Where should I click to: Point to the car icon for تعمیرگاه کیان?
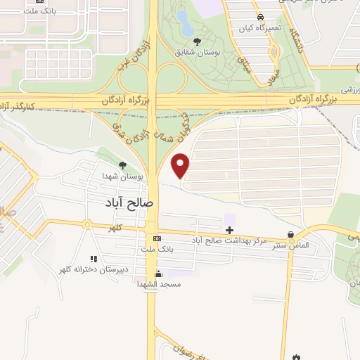pyautogui.click(x=260, y=15)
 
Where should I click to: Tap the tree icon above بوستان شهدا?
pyautogui.click(x=124, y=166)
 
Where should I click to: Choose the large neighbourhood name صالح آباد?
pyautogui.click(x=129, y=202)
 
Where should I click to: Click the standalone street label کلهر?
pyautogui.click(x=116, y=229)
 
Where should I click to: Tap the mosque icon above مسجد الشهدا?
pyautogui.click(x=159, y=274)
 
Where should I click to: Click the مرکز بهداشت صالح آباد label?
pyautogui.click(x=230, y=240)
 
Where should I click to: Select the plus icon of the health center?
pyautogui.click(x=230, y=230)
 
